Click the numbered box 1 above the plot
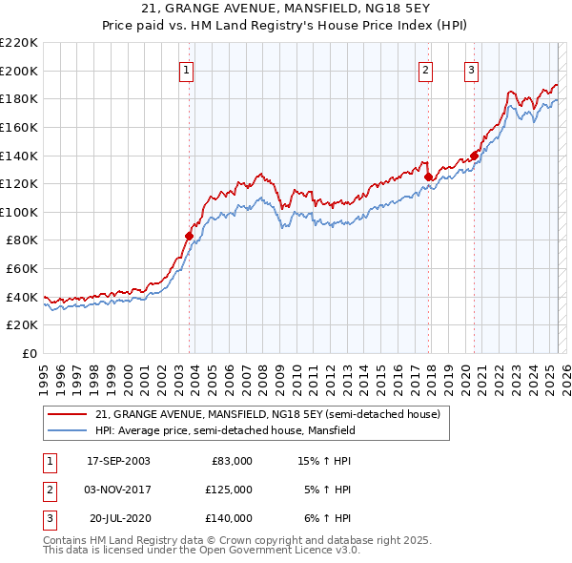pyautogui.click(x=186, y=69)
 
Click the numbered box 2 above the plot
pyautogui.click(x=424, y=69)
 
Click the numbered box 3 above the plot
pyautogui.click(x=471, y=69)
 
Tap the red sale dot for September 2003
pyautogui.click(x=190, y=235)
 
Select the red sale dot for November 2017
pyautogui.click(x=428, y=177)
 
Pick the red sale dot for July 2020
pyautogui.click(x=474, y=156)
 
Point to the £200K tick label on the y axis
pyautogui.click(x=19, y=71)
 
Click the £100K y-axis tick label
pyautogui.click(x=19, y=212)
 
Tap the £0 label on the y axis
pyautogui.click(x=29, y=353)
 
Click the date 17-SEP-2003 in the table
pyautogui.click(x=118, y=460)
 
